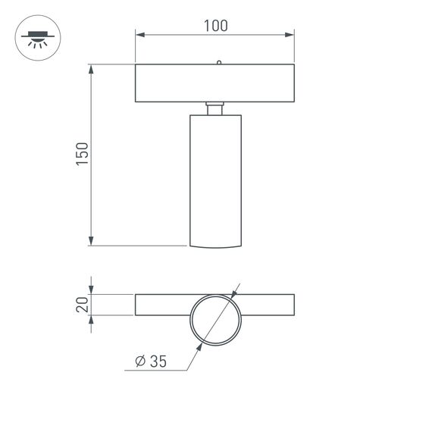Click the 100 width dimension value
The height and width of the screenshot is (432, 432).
click(215, 25)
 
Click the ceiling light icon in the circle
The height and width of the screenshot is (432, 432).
click(35, 38)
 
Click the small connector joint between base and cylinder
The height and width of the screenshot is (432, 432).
click(215, 108)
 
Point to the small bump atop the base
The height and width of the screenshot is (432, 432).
click(218, 63)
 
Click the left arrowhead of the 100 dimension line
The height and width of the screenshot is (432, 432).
click(139, 34)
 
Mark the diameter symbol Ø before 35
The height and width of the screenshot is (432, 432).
click(139, 362)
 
